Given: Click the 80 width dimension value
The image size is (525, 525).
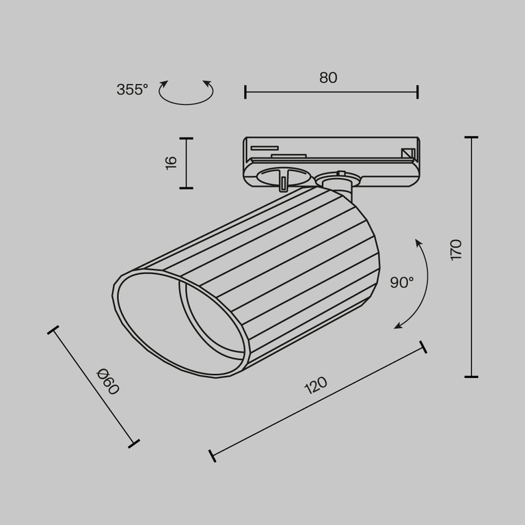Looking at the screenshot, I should click(328, 78).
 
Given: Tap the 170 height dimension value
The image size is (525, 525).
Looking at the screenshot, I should click(456, 250).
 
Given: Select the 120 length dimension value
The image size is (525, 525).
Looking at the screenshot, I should click(315, 387).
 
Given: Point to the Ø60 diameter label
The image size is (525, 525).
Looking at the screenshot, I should click(108, 381).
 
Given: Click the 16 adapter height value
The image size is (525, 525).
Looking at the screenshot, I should click(171, 162).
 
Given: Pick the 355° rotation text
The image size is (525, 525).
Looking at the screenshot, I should click(132, 90).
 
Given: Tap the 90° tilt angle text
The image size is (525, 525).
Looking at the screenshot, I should click(402, 282).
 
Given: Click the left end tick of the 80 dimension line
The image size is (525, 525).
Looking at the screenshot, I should click(245, 92).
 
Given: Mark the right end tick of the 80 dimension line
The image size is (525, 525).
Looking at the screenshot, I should click(417, 92).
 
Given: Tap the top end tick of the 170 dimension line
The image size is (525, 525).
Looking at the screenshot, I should click(471, 137).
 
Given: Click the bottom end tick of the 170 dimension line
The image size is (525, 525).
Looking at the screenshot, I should click(471, 376).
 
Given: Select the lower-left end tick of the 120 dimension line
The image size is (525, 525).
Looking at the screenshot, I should click(212, 456).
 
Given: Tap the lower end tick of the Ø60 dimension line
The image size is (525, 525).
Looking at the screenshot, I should click(134, 443).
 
